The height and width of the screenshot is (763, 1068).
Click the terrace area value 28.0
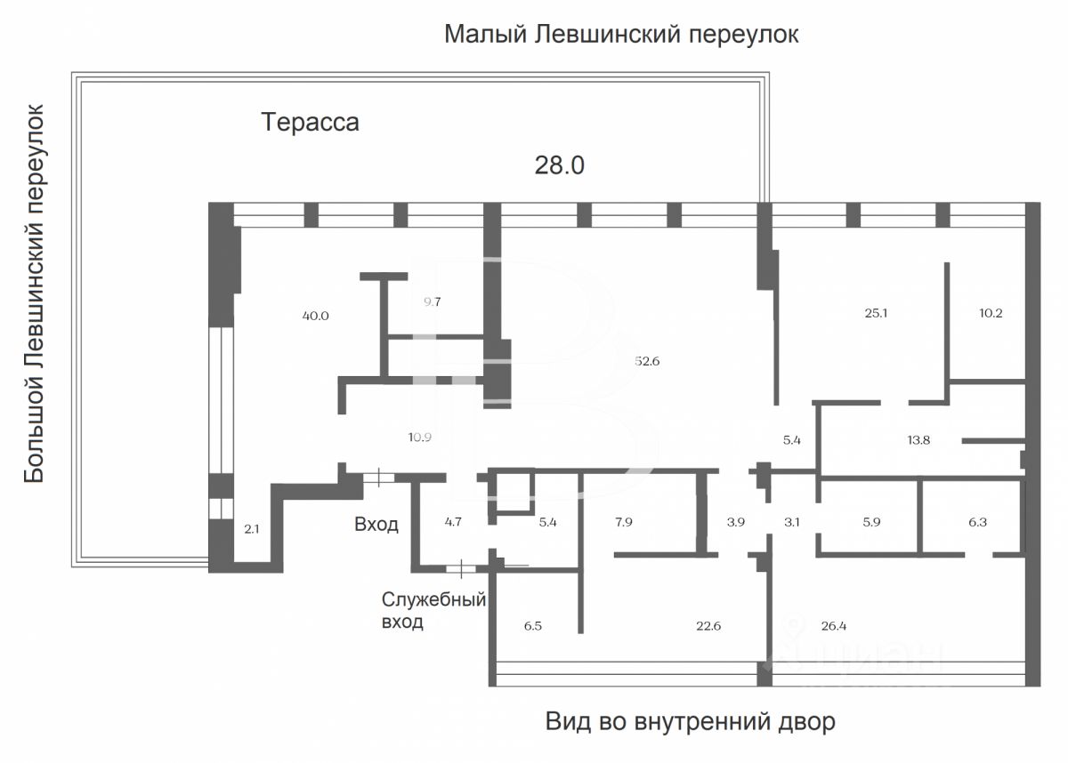pyautogui.click(x=559, y=165)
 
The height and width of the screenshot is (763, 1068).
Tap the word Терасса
pyautogui.click(x=310, y=122)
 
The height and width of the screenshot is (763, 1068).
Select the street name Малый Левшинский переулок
pyautogui.click(x=621, y=35)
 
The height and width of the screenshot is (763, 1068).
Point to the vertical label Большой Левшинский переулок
pyautogui.click(x=35, y=293)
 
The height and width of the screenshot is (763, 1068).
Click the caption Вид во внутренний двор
pyautogui.click(x=691, y=721)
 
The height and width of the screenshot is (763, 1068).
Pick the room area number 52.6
pyautogui.click(x=647, y=361)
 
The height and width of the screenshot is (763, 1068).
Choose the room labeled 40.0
pyautogui.click(x=316, y=316)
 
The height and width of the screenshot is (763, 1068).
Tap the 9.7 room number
pyautogui.click(x=432, y=301)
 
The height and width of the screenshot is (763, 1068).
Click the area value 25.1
pyautogui.click(x=876, y=313)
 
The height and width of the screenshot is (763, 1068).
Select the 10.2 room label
pyautogui.click(x=991, y=313)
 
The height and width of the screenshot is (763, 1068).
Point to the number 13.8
pyautogui.click(x=918, y=439)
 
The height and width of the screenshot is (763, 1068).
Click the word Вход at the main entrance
pyautogui.click(x=376, y=525)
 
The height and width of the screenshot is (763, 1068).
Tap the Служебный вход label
pyautogui.click(x=433, y=610)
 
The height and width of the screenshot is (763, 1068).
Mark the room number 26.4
pyautogui.click(x=833, y=626)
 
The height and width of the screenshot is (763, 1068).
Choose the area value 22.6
pyautogui.click(x=708, y=626)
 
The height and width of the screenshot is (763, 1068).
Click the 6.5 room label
pyautogui.click(x=532, y=626)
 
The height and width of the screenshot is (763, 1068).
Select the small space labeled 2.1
pyautogui.click(x=251, y=528)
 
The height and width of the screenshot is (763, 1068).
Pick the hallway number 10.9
pyautogui.click(x=419, y=438)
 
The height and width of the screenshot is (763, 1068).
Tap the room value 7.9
pyautogui.click(x=624, y=522)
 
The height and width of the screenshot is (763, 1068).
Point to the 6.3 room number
pyautogui.click(x=977, y=522)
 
